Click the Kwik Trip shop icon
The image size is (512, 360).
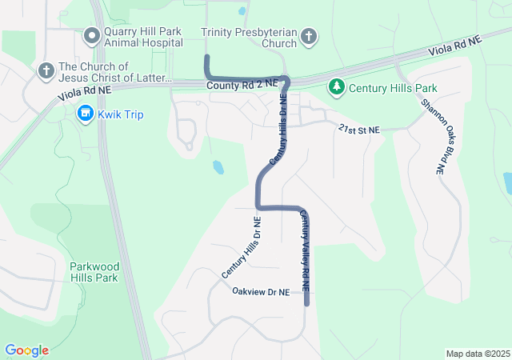click(x=85, y=114)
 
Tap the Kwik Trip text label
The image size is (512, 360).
click(x=120, y=114)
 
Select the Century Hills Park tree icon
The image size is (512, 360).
click(x=337, y=86)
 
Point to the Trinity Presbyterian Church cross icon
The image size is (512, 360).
click(x=309, y=36)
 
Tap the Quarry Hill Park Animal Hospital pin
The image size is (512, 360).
click(x=92, y=36)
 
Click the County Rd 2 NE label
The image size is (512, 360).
click(x=241, y=83)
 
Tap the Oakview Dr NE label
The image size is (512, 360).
click(x=260, y=293)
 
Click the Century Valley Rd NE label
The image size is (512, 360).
click(x=305, y=250)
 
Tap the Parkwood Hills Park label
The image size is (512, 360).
click(x=94, y=272)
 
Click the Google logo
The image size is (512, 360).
click(x=26, y=350)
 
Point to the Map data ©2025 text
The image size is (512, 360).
click(x=477, y=354)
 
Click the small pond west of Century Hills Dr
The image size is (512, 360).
click(x=218, y=167)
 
